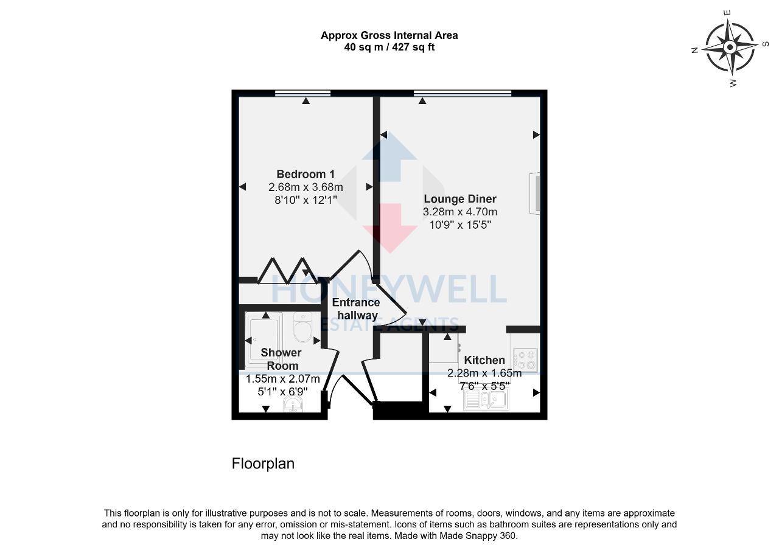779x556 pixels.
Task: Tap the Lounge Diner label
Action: tap(460, 199)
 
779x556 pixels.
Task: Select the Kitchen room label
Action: tap(484, 360)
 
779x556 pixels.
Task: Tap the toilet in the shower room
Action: tap(302, 328)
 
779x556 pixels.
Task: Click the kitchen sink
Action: tap(486, 400)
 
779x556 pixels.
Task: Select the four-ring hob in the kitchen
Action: tap(525, 359)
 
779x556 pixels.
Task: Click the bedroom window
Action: tap(302, 94)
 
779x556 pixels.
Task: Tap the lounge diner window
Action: tap(463, 94)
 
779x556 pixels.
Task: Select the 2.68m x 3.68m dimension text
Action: tap(306, 187)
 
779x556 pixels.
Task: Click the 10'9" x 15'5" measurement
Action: tap(460, 224)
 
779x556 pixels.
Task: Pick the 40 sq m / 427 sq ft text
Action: tap(389, 47)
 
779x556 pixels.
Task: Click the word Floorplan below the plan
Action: tap(263, 464)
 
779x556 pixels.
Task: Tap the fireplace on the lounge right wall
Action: tap(535, 194)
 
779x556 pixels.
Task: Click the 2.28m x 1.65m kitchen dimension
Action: tap(484, 373)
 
